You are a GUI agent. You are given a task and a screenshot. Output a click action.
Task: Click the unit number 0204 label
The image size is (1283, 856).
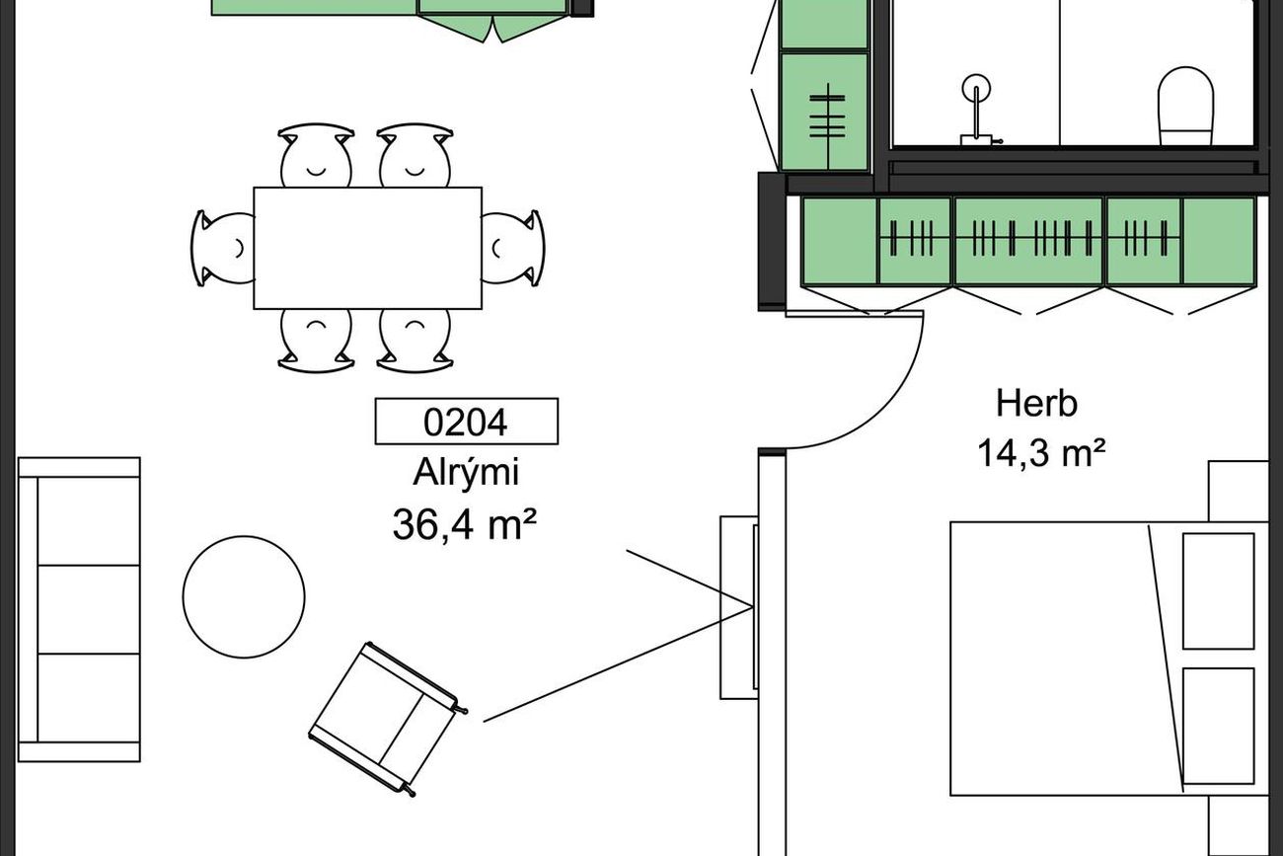(x=466, y=422)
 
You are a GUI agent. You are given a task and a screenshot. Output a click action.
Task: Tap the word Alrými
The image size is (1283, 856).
(x=466, y=473)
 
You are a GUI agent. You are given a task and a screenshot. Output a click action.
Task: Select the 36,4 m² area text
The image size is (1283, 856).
(x=465, y=525)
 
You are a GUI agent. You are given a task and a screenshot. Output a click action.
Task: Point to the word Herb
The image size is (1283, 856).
(x=1036, y=404)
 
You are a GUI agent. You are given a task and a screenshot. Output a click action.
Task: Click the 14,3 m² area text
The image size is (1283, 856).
(x=1041, y=453)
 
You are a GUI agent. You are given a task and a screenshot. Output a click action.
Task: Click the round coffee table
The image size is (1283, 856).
(x=244, y=597)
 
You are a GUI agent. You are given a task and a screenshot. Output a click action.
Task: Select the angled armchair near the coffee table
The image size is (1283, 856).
(x=388, y=719)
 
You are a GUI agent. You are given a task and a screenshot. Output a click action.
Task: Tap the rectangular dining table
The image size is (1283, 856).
(x=368, y=248)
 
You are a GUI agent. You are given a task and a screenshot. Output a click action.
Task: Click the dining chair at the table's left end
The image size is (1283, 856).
(x=223, y=248)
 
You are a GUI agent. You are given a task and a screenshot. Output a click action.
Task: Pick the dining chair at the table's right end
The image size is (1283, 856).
(x=513, y=248)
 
